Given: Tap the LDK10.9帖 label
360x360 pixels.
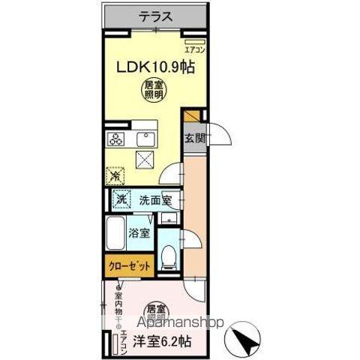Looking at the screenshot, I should (x=154, y=67).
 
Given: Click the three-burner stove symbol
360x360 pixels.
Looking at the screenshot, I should (x=118, y=138).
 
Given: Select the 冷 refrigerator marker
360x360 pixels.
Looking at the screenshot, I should (x=115, y=175).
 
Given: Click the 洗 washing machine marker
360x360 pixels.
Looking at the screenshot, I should (x=119, y=200).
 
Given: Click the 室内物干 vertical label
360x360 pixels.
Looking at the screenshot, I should (x=118, y=305).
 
